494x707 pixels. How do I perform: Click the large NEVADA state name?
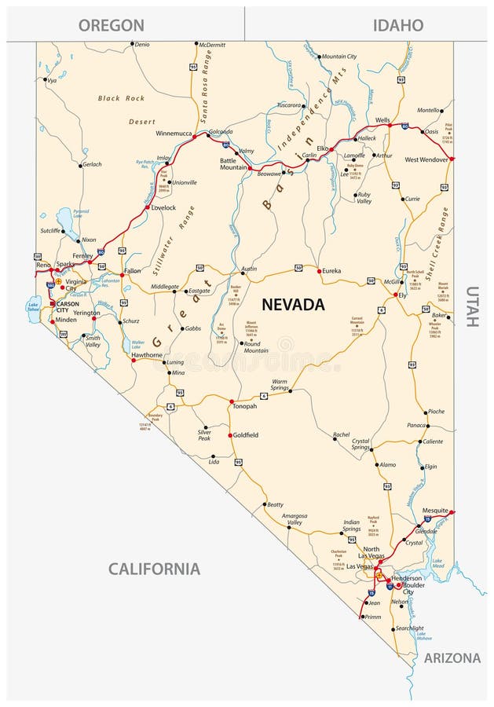coord(293,303)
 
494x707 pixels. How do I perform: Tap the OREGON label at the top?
coord(111,25)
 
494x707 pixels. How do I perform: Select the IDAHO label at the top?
coord(397,25)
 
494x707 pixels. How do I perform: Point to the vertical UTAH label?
coord(471,306)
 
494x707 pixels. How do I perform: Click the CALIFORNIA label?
coord(154,569)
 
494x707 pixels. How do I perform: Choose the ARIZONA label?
coord(452,658)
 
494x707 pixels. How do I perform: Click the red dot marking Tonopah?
coord(232,401)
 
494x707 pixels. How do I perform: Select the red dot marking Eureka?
coord(319,271)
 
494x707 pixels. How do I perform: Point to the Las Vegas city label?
coord(361,566)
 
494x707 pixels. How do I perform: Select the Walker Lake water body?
coord(126,345)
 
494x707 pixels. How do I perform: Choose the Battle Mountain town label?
coord(233,164)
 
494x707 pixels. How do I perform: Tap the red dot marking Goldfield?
coord(229,435)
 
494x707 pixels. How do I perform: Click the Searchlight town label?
coord(409,628)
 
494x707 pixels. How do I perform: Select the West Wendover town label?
coord(426,159)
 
